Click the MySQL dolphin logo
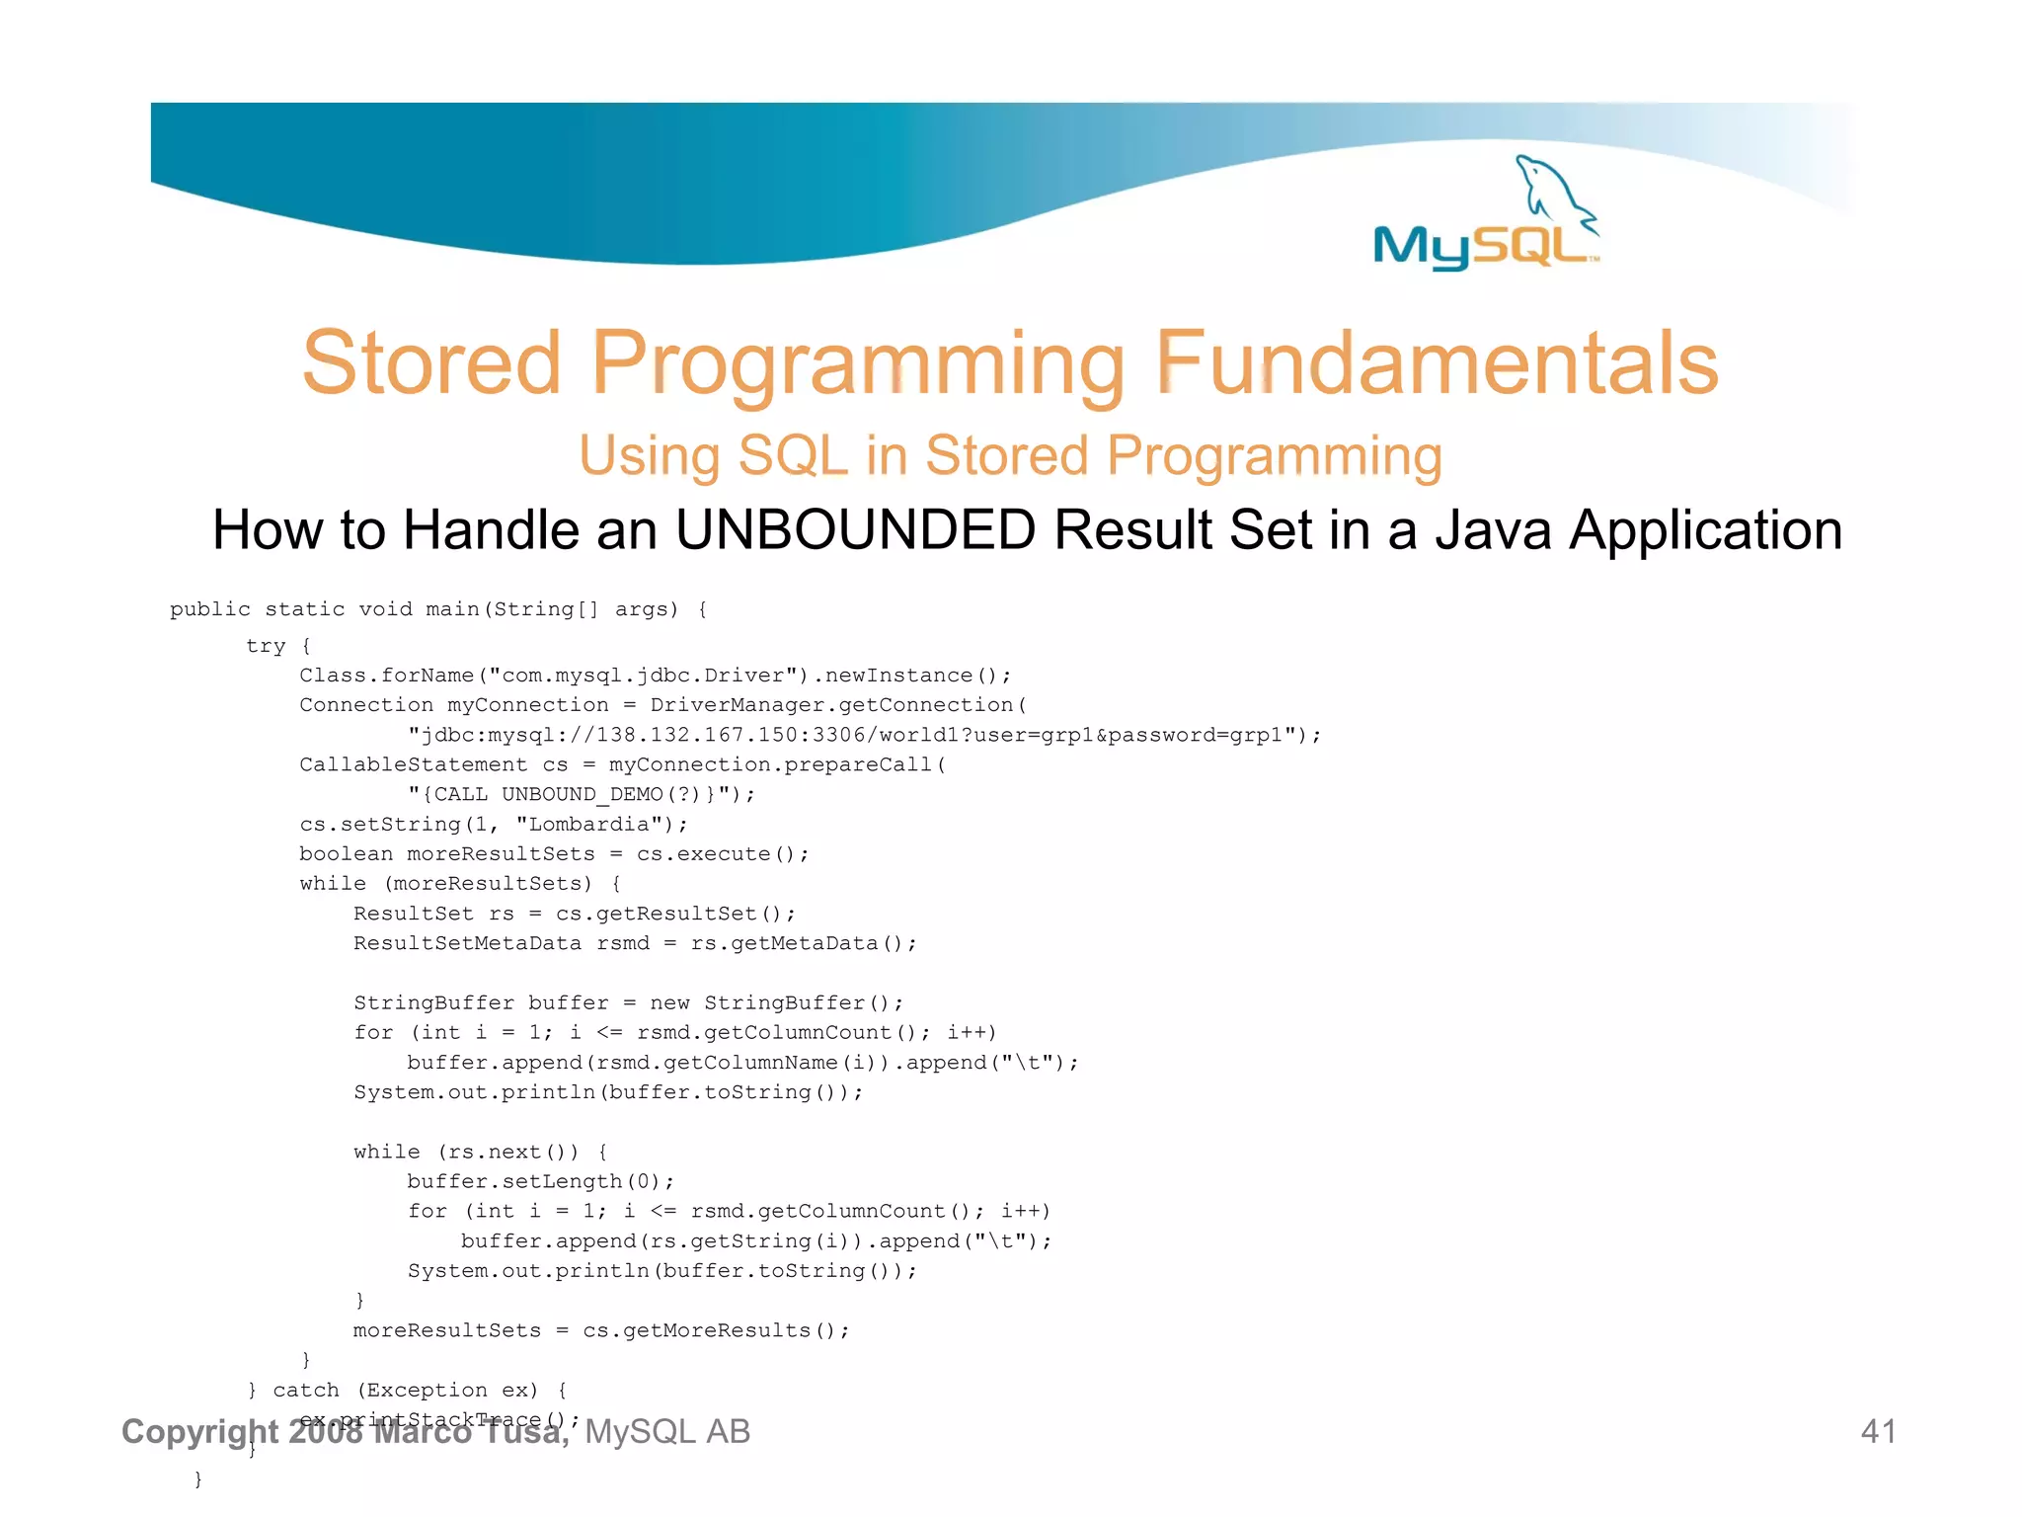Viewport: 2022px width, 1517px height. click(1486, 213)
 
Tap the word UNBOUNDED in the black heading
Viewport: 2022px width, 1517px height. click(855, 529)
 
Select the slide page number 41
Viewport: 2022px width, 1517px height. click(1878, 1431)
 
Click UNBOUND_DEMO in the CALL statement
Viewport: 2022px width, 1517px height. click(582, 795)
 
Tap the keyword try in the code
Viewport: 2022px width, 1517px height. click(266, 646)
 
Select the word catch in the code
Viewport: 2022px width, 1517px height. click(305, 1391)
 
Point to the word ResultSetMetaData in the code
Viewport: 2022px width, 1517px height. click(467, 944)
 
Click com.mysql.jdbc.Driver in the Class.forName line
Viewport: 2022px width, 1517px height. click(643, 676)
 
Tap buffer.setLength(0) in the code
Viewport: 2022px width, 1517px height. click(538, 1182)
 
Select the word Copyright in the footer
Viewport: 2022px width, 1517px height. click(199, 1432)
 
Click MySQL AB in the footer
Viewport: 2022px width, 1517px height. click(667, 1432)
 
